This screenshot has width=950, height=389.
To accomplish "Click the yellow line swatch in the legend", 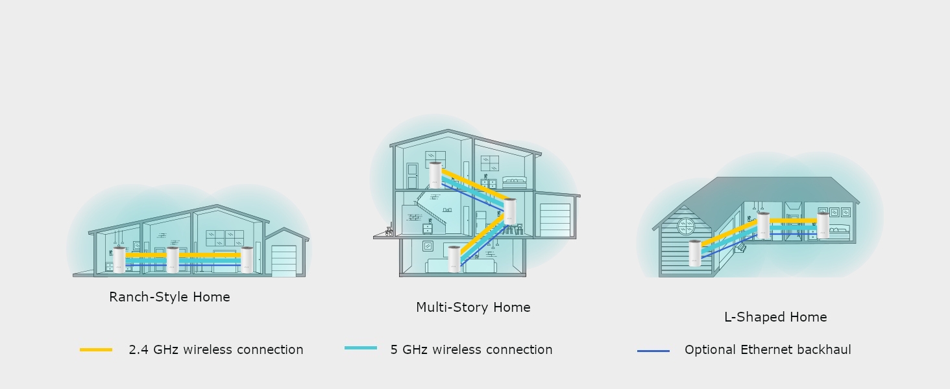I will coord(96,349).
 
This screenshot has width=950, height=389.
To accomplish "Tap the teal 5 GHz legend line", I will coord(361,348).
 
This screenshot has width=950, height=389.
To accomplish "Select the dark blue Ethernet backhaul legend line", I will coord(653,351).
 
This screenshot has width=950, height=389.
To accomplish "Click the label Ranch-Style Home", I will coord(169,297).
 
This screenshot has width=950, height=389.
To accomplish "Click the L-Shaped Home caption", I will coord(775,317).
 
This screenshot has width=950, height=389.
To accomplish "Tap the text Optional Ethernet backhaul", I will coord(768,349).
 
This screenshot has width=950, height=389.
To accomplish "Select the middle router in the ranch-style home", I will coord(173,259).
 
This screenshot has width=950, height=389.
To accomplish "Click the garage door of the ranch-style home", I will coord(284,260).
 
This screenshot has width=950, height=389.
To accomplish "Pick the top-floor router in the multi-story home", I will coord(435,174).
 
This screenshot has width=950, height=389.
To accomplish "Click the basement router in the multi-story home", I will coord(454,259).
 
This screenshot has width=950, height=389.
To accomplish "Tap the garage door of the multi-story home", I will coord(555,220).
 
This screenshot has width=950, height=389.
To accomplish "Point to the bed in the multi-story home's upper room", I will coord(515,182).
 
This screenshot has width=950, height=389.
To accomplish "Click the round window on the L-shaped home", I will coord(686,226).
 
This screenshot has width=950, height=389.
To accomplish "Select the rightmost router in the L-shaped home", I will coord(823,224).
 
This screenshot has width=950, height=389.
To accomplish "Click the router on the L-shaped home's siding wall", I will coord(695,252).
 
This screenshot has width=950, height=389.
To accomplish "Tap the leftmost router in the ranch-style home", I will coord(119,259).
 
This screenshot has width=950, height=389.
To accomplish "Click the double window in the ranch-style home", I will coord(225,238).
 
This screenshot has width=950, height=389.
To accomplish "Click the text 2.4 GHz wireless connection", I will coord(216,349).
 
